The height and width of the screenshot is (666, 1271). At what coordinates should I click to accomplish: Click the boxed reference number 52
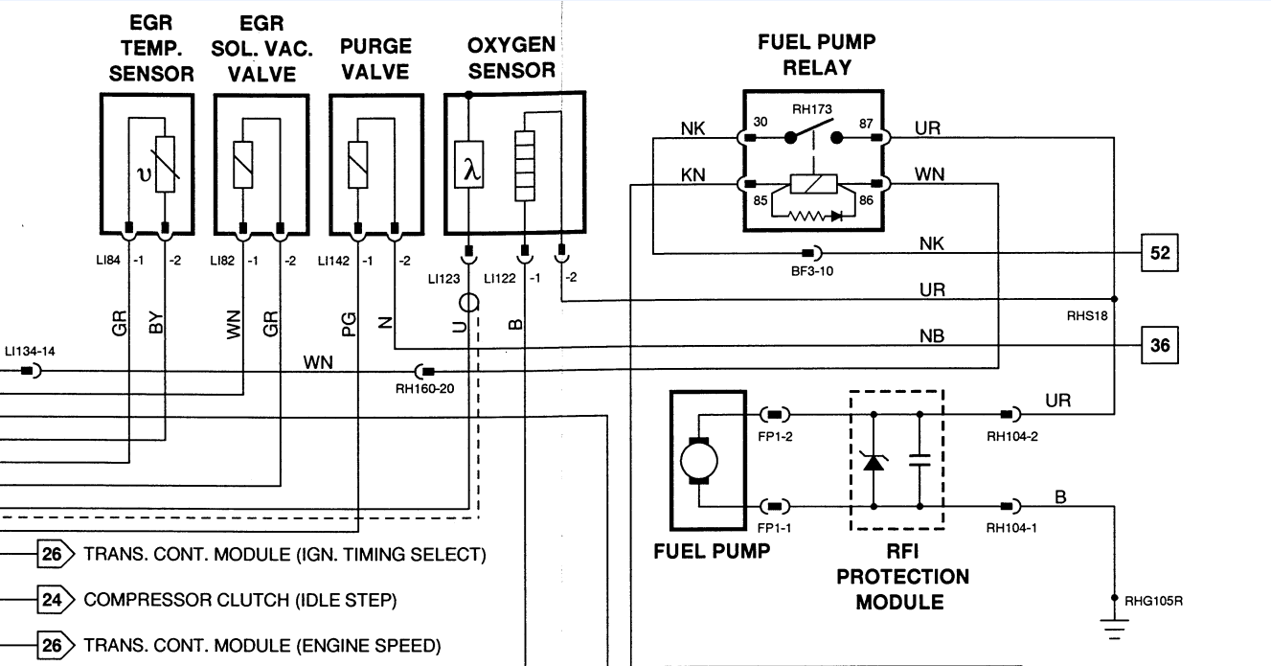(1160, 254)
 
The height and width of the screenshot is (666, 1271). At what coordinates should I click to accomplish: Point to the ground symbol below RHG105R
(1114, 629)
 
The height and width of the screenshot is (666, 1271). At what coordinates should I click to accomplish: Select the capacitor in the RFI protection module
(920, 460)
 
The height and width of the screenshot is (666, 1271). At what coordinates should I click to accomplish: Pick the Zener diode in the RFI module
(874, 461)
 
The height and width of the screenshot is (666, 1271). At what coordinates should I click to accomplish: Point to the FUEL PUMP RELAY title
(817, 55)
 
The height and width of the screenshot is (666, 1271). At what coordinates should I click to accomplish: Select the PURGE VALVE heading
(375, 59)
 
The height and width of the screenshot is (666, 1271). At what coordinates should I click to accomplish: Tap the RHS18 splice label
(1087, 313)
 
